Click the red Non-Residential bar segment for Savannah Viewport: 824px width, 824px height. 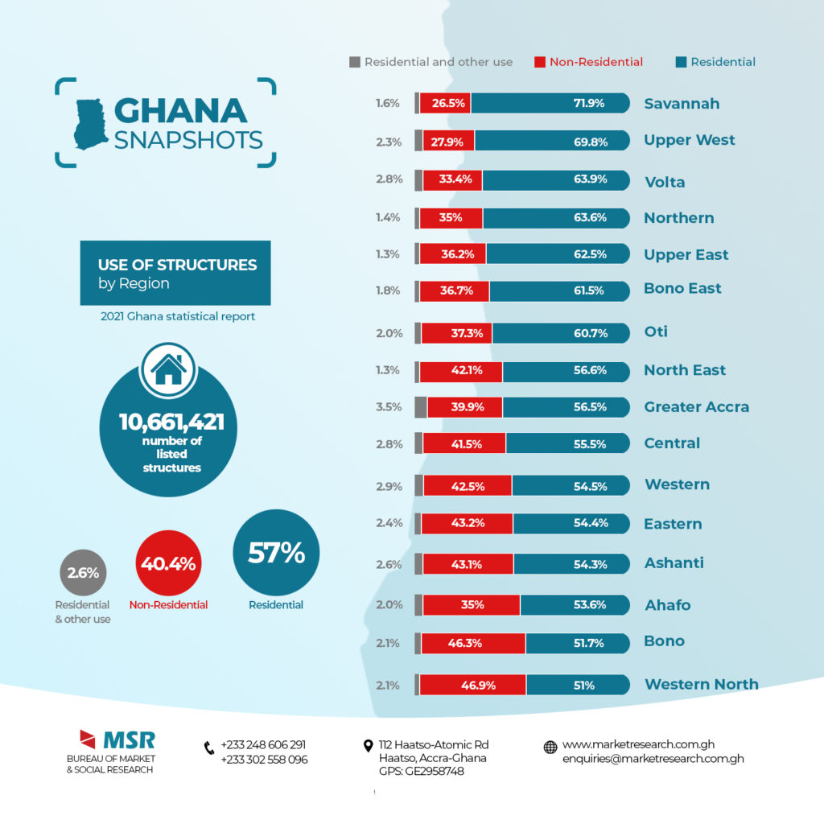445,103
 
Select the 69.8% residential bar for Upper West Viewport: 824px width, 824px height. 551,140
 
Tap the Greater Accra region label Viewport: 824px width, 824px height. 696,407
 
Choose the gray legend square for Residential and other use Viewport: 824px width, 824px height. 354,62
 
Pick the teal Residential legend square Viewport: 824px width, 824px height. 681,62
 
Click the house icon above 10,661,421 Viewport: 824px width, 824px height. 168,369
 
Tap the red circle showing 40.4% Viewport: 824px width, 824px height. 168,564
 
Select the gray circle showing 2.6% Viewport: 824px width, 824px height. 83,574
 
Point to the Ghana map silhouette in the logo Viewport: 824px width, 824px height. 91,124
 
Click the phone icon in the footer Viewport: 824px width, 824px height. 209,748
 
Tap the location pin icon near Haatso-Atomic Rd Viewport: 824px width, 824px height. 369,746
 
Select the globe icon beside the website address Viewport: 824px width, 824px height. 550,747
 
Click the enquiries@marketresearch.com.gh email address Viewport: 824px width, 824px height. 653,759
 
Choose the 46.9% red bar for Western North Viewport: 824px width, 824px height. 472,685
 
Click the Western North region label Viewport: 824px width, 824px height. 701,685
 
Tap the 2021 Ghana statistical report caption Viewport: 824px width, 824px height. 177,316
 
